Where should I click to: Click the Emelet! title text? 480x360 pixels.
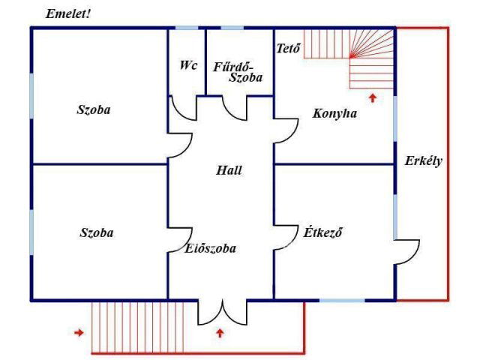[x=68, y=14]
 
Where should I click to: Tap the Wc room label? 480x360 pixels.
[x=188, y=65]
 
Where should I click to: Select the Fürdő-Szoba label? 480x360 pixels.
[x=238, y=72]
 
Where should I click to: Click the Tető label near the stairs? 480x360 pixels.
[x=288, y=48]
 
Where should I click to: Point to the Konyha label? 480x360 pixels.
[x=334, y=114]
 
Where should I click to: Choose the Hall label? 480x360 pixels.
[x=229, y=170]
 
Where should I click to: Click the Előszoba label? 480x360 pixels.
[x=211, y=248]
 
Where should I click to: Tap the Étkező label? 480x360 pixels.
[x=322, y=232]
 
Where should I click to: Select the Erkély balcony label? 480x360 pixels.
[x=423, y=161]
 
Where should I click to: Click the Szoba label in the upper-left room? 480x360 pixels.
[x=93, y=110]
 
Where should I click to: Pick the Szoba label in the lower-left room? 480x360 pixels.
[x=97, y=233]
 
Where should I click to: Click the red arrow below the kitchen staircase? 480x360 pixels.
[x=373, y=98]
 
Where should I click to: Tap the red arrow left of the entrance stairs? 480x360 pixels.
[x=79, y=332]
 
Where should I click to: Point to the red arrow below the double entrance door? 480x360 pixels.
[x=220, y=333]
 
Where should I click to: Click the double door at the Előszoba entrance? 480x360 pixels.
[x=222, y=312]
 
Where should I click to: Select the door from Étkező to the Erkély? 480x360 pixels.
[x=406, y=252]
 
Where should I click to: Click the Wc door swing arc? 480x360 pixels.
[x=183, y=108]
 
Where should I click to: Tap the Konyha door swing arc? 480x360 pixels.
[x=286, y=130]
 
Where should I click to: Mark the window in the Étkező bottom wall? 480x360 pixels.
[x=342, y=300]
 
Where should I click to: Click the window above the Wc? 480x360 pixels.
[x=187, y=28]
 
